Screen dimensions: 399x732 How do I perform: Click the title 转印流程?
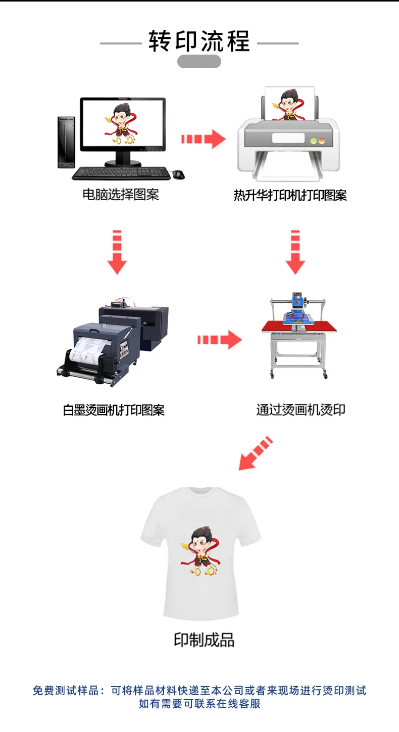199,41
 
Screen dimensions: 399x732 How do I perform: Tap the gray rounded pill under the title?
199,62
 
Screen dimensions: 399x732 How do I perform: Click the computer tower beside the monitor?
66,142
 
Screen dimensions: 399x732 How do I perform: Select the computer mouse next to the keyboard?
179,174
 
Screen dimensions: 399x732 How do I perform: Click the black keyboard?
121,173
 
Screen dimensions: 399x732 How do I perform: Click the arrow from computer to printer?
204,139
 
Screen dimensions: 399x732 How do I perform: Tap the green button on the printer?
314,141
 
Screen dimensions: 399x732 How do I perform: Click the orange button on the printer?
322,141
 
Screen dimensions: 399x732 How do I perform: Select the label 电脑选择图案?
121,195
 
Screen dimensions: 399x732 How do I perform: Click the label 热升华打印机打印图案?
290,196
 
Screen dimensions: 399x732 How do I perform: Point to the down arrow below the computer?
117,252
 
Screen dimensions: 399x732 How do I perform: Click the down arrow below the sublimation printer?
295,252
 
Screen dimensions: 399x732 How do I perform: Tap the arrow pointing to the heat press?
220,340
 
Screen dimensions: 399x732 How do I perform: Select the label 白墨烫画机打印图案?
114,410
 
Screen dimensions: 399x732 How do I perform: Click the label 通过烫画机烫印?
301,410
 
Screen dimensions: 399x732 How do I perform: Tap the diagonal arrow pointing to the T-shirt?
256,453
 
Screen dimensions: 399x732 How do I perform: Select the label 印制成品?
204,640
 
